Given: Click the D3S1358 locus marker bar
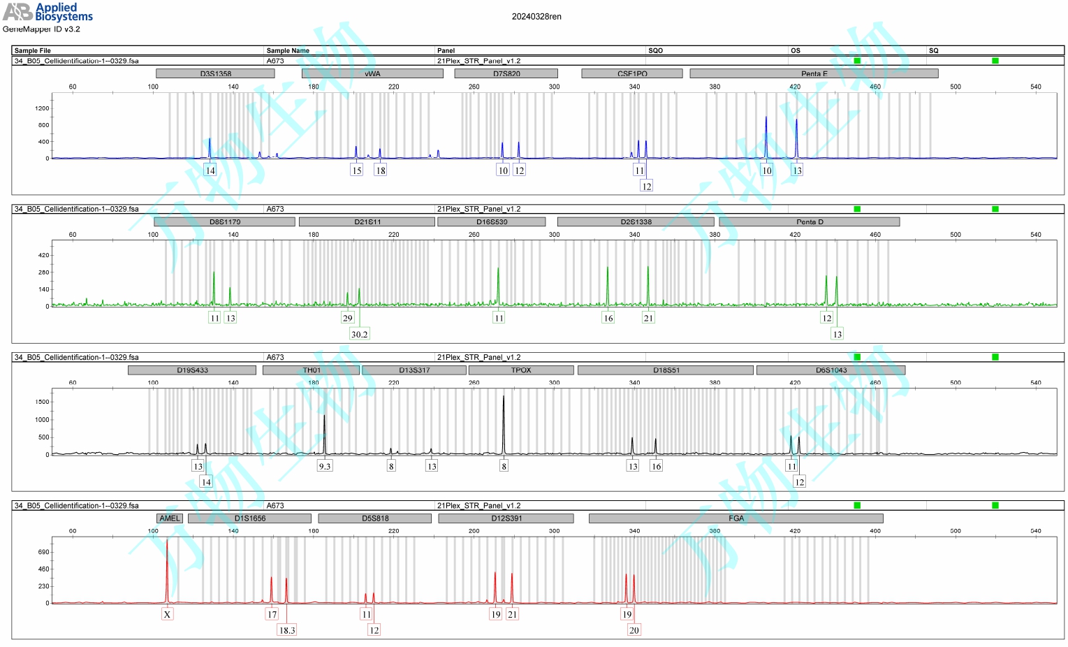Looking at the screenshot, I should click(215, 73).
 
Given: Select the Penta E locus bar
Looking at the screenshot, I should click(814, 73).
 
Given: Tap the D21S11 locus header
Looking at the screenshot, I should click(367, 221).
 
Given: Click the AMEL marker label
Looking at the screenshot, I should click(170, 518).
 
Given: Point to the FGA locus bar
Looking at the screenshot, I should click(736, 518).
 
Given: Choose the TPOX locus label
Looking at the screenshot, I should click(520, 370).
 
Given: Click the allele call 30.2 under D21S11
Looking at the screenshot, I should click(359, 334).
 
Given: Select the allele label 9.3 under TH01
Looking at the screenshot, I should click(325, 466).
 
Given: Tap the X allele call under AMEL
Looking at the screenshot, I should click(167, 614).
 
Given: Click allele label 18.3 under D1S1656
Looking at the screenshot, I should click(287, 630).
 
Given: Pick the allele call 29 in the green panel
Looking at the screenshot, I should click(347, 318).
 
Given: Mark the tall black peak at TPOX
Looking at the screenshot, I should click(504, 419).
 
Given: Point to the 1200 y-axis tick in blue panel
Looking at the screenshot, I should click(42, 108).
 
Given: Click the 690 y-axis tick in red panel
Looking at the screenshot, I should click(43, 552).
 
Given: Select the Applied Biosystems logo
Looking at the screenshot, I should click(47, 12).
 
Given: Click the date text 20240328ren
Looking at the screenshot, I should click(536, 17).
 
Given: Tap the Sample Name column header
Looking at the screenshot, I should click(288, 50).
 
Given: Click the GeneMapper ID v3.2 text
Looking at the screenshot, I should click(41, 29).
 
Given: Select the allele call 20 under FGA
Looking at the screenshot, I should click(634, 630).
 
